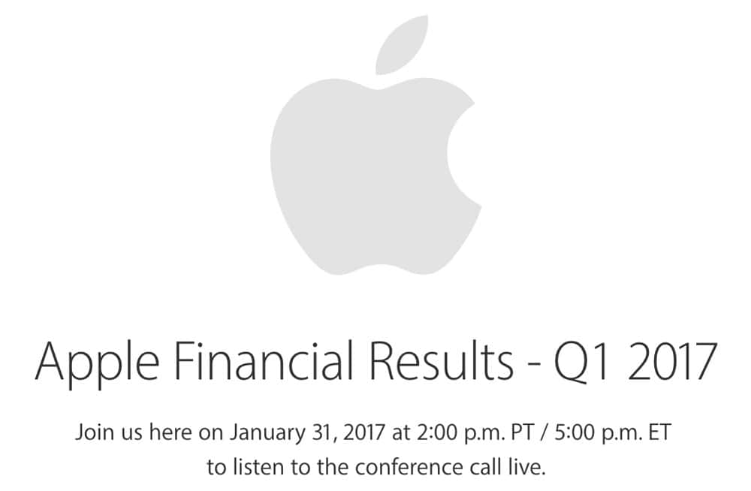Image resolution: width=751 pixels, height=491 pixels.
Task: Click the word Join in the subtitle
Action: point(93,432)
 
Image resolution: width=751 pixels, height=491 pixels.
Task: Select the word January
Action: point(267,433)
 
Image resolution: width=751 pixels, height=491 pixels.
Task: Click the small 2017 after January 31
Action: point(364,432)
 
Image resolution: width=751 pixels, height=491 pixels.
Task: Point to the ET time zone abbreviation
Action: point(659,432)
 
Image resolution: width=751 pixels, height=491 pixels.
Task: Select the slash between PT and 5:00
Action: point(544,432)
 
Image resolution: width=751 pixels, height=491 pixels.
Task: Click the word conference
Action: point(409,466)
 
